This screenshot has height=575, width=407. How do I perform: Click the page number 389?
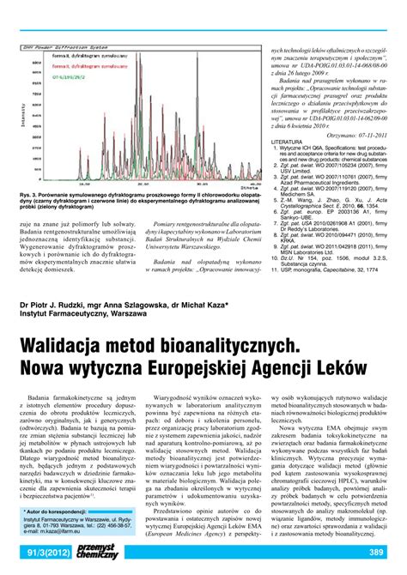(x=376, y=551)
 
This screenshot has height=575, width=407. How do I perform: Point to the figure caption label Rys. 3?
(x=29, y=195)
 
